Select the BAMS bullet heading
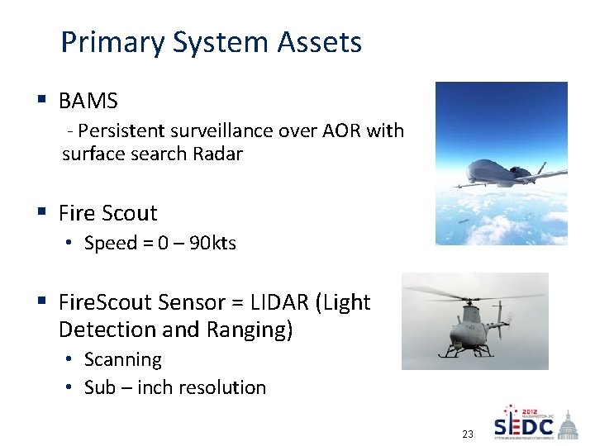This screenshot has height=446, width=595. coord(88,101)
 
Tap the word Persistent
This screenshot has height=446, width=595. coord(123,130)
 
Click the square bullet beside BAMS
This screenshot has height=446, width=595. coord(40,101)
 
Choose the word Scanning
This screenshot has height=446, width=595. coord(123,359)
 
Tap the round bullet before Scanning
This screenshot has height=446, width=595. coord(72,360)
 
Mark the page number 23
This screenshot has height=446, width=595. coord(467,434)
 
